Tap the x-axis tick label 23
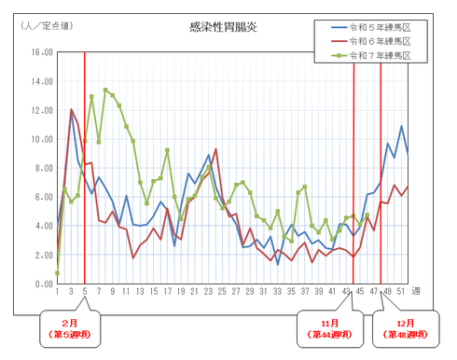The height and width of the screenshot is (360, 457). coord(207,293)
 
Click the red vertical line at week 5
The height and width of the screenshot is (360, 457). coord(85,168)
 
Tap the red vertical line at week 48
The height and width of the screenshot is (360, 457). coord(381,168)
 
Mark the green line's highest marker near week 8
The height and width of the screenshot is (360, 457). coord(105,90)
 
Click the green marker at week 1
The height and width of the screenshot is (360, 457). coord(57,273)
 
